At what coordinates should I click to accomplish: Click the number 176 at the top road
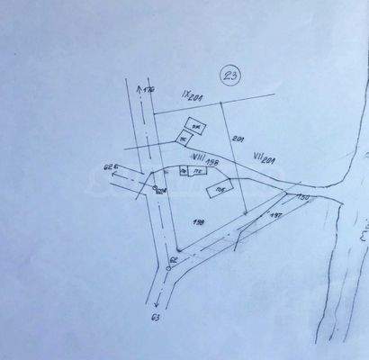point(149,91)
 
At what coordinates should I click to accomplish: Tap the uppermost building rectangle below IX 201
point(193,124)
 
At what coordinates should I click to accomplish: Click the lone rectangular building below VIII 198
point(220,189)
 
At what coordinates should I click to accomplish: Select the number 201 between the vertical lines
point(238,139)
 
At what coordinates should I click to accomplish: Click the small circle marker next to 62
point(169,268)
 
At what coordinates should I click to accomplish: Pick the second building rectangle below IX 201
point(184,138)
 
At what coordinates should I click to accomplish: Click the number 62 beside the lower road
point(174,259)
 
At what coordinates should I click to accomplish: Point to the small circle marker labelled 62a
point(157,189)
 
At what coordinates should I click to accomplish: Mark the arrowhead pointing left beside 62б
point(114,176)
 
